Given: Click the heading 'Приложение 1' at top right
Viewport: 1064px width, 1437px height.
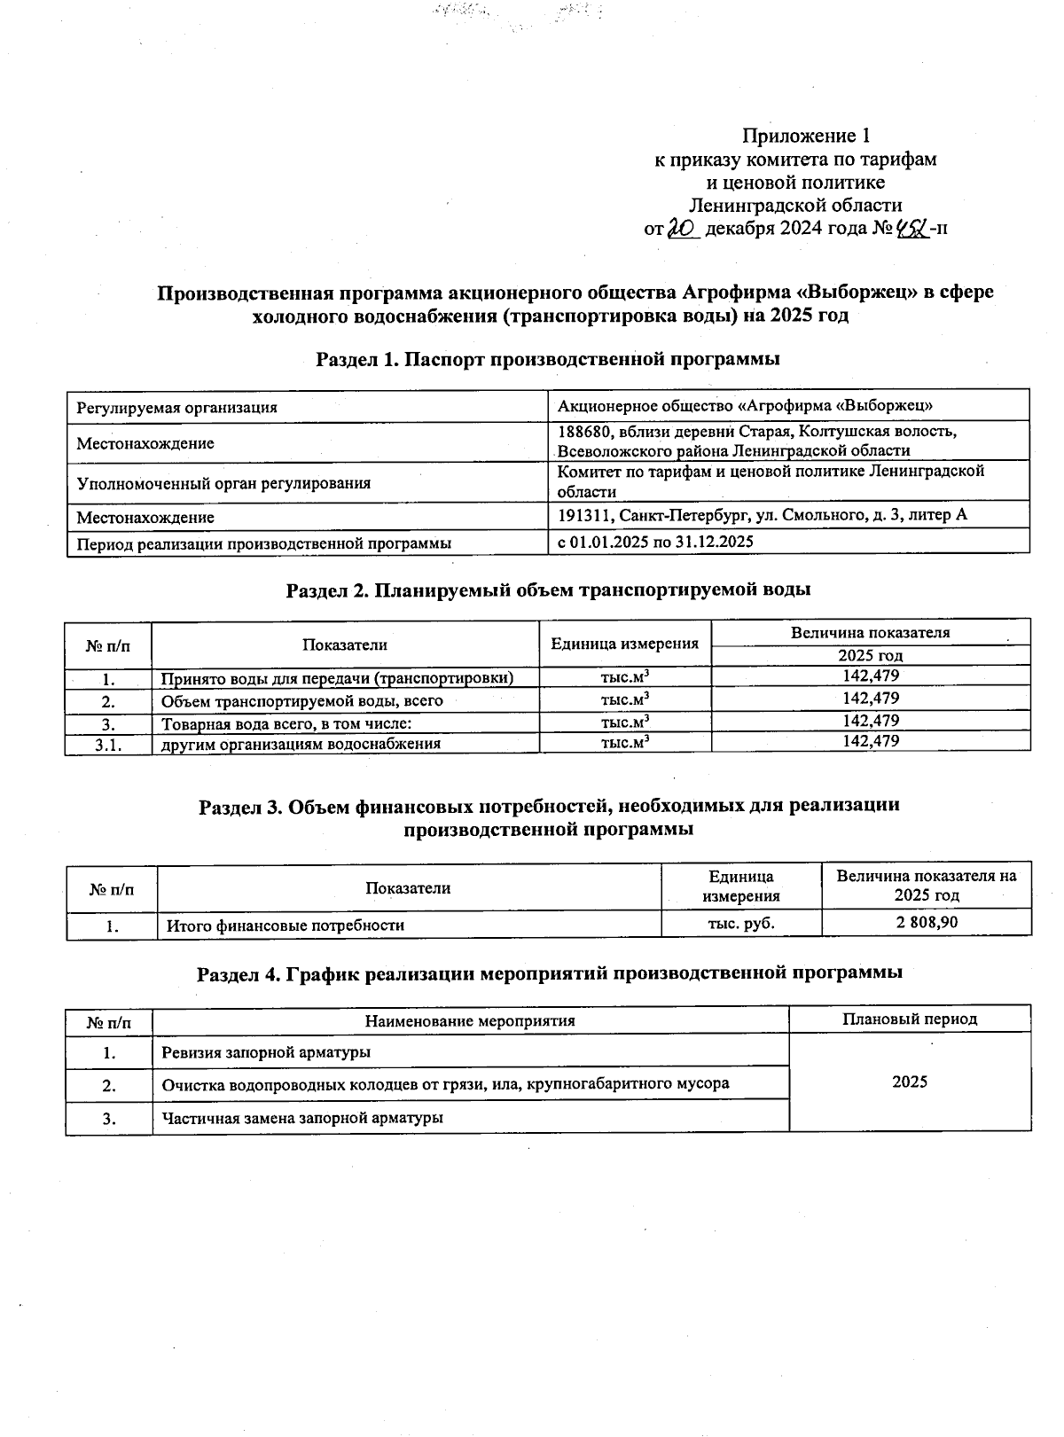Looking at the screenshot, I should (x=805, y=136).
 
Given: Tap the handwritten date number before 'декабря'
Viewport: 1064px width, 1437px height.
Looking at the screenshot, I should (x=683, y=229).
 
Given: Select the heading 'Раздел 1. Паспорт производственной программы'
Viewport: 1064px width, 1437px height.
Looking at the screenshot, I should (x=547, y=359).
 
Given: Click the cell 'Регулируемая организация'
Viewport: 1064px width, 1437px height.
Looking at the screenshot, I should (x=177, y=408).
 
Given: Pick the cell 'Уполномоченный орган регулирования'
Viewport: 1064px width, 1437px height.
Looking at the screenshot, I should (x=223, y=483).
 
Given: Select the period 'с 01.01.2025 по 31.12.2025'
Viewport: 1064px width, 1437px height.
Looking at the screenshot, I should (x=655, y=541).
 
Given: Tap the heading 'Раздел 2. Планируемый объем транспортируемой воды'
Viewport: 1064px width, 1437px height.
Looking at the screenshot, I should (x=548, y=590).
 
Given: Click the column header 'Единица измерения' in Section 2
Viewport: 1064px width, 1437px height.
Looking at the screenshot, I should (x=624, y=644).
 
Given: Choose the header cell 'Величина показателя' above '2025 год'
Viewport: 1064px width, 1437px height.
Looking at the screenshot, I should (x=870, y=633).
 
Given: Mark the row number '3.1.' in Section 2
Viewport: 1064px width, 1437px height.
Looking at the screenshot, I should (x=108, y=744).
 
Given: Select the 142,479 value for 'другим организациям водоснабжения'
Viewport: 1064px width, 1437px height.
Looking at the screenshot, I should (x=871, y=741).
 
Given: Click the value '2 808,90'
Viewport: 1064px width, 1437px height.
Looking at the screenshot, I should (x=927, y=923).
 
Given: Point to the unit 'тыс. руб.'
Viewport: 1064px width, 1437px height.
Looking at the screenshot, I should (x=741, y=924).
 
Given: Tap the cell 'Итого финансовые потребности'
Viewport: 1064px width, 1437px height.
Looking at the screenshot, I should (x=286, y=925).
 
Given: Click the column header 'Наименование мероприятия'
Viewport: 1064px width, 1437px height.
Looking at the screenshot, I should (x=470, y=1020).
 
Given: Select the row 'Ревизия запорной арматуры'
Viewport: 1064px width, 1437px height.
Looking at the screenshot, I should (x=266, y=1053).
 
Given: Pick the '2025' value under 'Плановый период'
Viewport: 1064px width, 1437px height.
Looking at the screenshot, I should (x=910, y=1082).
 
